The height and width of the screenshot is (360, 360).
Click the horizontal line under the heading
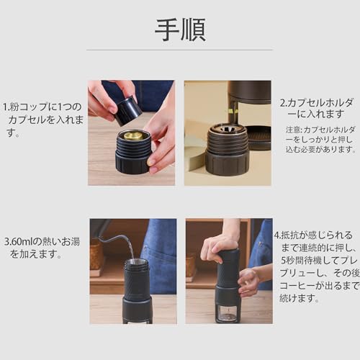[180, 50]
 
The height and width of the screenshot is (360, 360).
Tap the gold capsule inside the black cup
[132, 135]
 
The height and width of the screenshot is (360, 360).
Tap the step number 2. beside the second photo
[283, 102]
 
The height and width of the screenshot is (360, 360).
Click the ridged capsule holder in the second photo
[228, 148]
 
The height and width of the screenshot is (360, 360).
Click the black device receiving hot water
[137, 288]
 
